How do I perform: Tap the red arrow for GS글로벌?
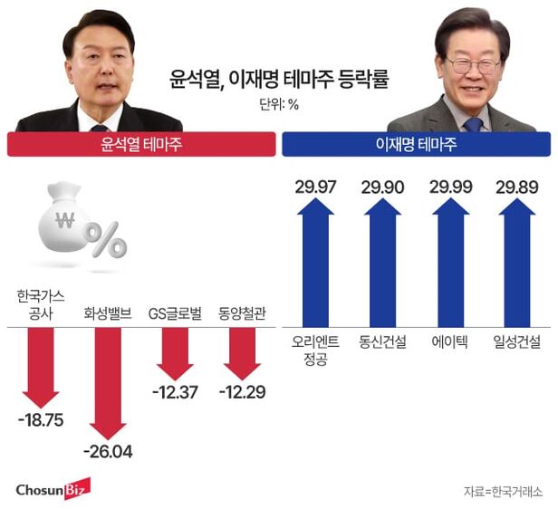point(174,352)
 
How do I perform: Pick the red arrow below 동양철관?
point(242,352)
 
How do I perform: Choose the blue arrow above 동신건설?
point(381,264)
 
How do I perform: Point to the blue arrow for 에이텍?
point(450,264)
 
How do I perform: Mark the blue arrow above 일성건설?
point(516,264)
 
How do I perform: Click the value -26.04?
point(107,451)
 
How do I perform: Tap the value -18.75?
point(39,422)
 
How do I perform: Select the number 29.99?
point(450,187)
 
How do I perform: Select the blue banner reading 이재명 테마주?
point(416,143)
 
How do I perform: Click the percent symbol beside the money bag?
point(106,240)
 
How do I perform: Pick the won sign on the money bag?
point(64,220)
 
